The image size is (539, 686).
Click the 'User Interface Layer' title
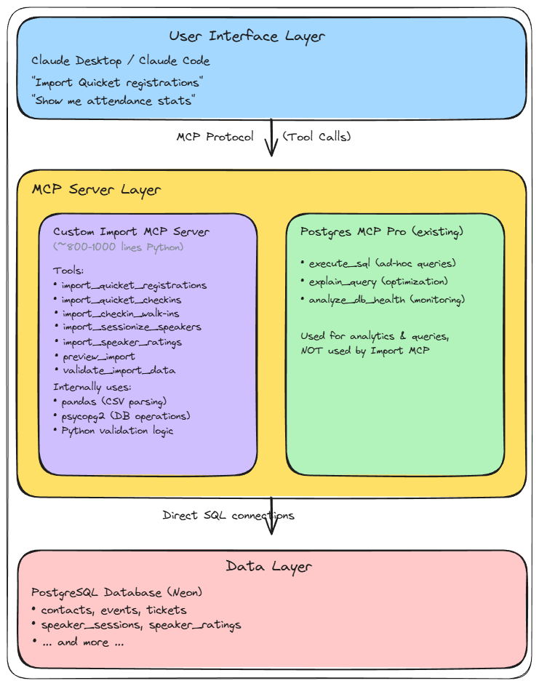(247, 36)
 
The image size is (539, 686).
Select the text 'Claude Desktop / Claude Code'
(121, 60)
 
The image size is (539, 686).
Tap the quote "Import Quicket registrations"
(117, 82)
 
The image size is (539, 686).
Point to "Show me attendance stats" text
(113, 100)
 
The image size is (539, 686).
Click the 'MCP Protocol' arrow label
(215, 137)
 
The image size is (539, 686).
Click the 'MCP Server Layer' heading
(96, 190)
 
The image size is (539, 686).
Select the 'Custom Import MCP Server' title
(131, 232)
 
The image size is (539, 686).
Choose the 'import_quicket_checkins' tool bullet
(121, 300)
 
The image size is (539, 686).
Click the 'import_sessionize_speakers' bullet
(131, 327)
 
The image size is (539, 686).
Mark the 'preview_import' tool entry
(98, 356)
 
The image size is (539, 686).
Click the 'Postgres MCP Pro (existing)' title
(382, 232)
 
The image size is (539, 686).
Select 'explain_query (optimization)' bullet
(378, 281)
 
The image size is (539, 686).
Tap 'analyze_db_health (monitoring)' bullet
(386, 300)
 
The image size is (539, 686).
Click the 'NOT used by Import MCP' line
(365, 350)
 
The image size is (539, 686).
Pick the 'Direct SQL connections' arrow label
(228, 516)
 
